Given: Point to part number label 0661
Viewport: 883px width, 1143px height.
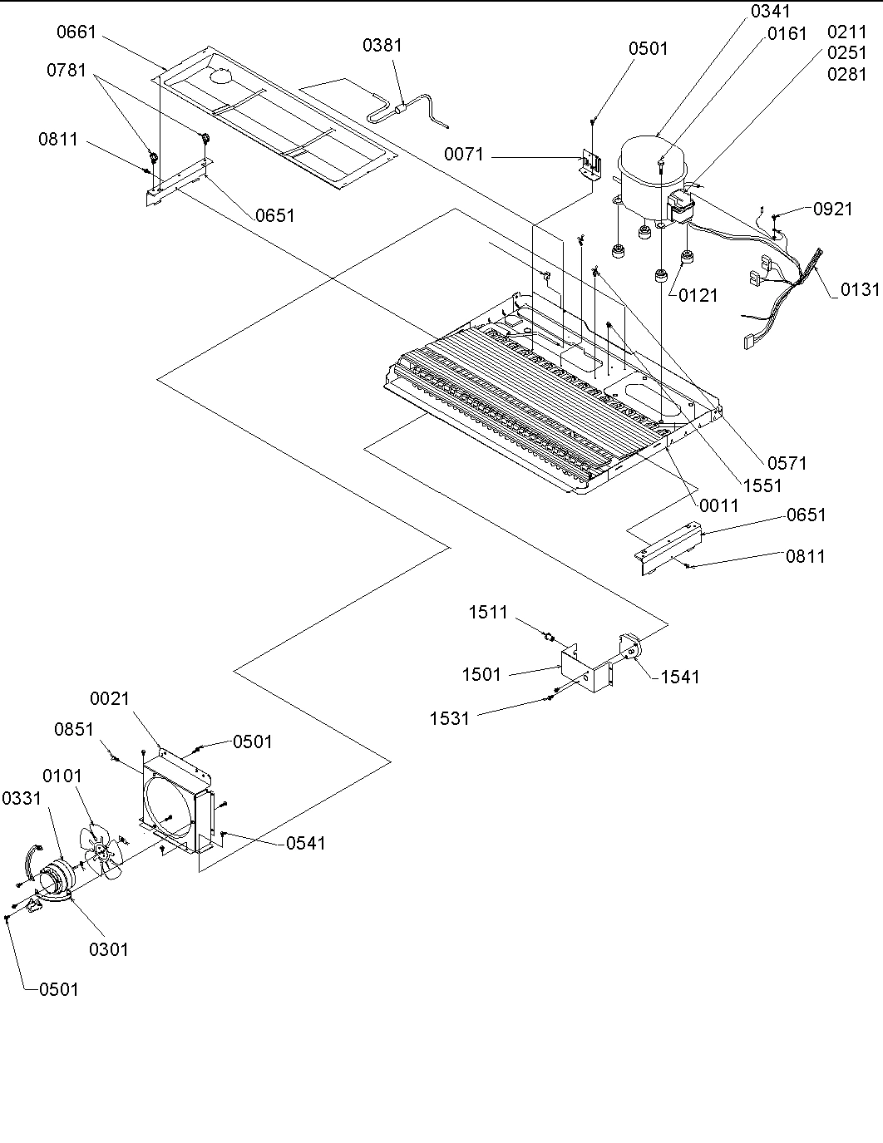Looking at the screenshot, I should point(76,32).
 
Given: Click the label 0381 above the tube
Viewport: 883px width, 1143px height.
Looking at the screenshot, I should point(382,46).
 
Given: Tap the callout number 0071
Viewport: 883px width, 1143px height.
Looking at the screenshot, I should point(463,155).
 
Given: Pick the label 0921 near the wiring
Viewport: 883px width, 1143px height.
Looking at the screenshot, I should point(832,209).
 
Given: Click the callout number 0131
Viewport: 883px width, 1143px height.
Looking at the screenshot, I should point(859,290).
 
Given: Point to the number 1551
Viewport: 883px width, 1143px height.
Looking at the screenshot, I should point(762,486).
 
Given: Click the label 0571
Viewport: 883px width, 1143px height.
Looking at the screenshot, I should point(787,463).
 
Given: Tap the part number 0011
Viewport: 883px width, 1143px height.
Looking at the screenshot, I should point(718,505).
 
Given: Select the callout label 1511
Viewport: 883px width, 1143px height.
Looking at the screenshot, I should point(487,613).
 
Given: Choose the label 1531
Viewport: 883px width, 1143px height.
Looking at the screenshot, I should point(450,718).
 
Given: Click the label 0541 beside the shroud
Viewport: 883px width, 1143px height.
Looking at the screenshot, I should point(306,843).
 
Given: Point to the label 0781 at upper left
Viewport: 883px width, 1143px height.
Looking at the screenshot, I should point(66,70).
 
